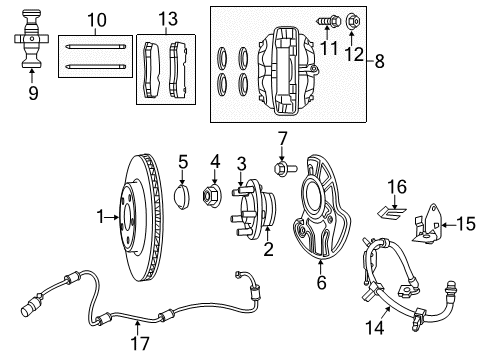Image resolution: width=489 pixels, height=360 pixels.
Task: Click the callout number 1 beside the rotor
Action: click(x=99, y=216)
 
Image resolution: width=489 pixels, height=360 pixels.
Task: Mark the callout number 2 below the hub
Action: click(x=267, y=248)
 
